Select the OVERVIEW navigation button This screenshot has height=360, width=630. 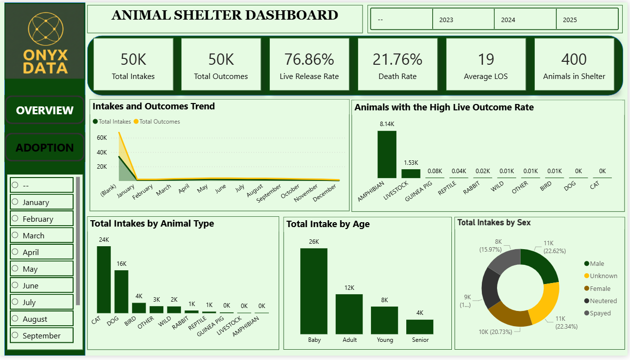(45, 110)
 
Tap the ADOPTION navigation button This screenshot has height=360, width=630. (45, 148)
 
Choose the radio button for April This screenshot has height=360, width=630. (15, 252)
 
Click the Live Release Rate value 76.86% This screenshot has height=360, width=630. (309, 59)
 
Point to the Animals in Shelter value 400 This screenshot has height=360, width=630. (574, 59)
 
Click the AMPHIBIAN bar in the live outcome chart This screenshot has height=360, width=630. (387, 154)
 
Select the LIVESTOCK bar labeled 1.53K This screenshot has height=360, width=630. (411, 173)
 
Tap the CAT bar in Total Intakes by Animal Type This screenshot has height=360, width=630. (104, 280)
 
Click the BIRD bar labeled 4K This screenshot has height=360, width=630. (139, 308)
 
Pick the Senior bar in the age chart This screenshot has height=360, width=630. (420, 327)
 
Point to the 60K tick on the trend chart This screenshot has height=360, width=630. (102, 138)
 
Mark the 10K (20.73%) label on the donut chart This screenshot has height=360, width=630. (495, 332)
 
